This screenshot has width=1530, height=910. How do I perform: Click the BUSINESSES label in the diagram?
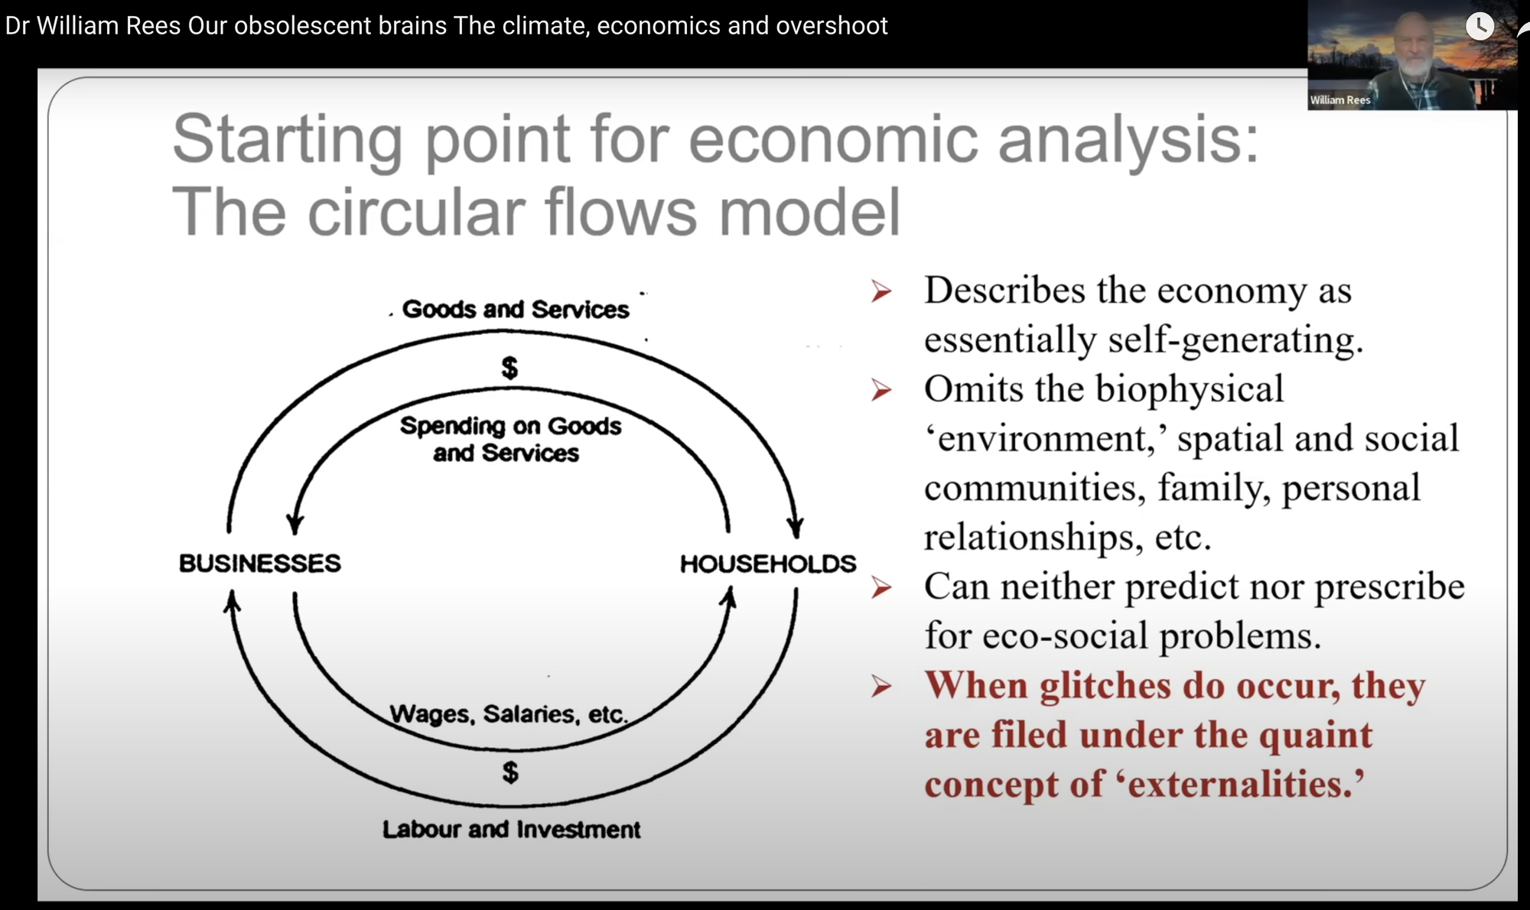click(x=260, y=563)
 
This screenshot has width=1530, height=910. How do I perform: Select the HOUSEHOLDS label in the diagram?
click(x=768, y=564)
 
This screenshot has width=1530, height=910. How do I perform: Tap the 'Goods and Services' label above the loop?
click(x=516, y=309)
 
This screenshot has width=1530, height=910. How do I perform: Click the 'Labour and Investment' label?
click(x=511, y=829)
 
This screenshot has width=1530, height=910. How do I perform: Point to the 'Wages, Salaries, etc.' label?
click(x=509, y=713)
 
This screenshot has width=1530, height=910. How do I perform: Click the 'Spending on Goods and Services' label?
click(x=509, y=439)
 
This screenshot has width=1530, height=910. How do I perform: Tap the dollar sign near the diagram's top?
click(x=509, y=368)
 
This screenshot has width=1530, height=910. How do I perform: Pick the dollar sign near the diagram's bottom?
click(x=510, y=772)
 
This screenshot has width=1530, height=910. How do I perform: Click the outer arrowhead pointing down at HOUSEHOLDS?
click(x=796, y=527)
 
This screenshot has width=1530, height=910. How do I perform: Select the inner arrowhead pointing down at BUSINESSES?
click(x=295, y=524)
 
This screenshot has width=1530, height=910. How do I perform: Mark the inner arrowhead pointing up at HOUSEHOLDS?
click(x=730, y=597)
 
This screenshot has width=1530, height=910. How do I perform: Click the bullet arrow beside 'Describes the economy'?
click(x=881, y=291)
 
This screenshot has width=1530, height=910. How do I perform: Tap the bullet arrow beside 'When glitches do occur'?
click(x=881, y=687)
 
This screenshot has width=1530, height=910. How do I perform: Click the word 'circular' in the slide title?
click(x=417, y=212)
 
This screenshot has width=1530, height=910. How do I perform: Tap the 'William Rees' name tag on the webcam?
click(x=1340, y=100)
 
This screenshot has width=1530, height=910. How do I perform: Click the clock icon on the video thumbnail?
click(x=1480, y=26)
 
